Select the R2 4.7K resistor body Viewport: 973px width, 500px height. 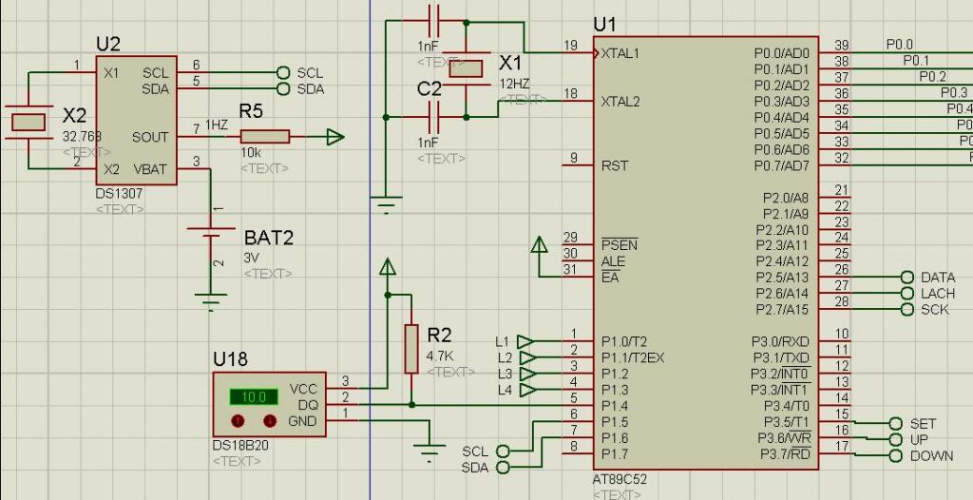[411, 348]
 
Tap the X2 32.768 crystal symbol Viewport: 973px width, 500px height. [29, 121]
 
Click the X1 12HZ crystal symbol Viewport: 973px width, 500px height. [467, 68]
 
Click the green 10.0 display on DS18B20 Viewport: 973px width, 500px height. [253, 396]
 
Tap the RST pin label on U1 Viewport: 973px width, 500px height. [615, 165]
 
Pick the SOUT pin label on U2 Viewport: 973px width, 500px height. [150, 137]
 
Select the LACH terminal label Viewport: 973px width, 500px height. [938, 294]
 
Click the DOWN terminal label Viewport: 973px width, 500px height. [931, 455]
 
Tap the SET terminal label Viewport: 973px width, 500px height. [923, 423]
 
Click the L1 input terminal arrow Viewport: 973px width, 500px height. [525, 341]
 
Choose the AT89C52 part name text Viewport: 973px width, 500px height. [620, 480]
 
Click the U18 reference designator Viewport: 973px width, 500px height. [230, 359]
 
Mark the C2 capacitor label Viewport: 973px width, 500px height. [429, 88]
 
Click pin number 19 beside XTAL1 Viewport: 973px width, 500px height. [570, 45]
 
